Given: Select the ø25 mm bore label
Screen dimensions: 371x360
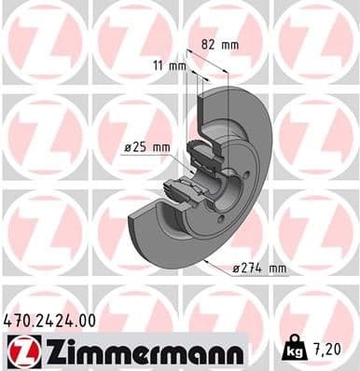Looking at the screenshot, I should pos(146,147).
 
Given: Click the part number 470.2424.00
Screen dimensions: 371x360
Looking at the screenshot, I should pos(50,320).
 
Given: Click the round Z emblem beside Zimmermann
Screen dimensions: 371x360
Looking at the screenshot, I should pos(20,350).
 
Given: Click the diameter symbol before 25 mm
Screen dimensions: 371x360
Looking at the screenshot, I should pos(128,147).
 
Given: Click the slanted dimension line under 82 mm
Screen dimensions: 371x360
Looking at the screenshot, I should pos(209,61).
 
